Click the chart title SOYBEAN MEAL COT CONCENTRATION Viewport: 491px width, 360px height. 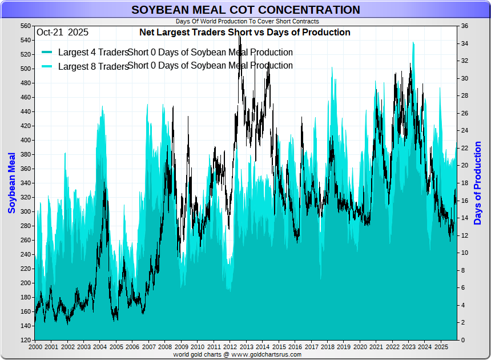tap(246, 10)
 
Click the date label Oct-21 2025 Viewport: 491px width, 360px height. tap(62, 33)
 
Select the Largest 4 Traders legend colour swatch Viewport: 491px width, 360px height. tap(47, 53)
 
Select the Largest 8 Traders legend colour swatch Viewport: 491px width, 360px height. tap(47, 66)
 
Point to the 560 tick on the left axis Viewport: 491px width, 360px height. tap(26, 26)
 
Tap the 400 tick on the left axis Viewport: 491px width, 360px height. tap(26, 141)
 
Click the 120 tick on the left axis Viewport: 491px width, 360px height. tap(26, 341)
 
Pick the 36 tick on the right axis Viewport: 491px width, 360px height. tap(465, 26)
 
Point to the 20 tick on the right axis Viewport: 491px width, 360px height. tap(465, 166)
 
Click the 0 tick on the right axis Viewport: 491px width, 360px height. tap(463, 341)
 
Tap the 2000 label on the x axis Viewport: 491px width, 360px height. tap(35, 347)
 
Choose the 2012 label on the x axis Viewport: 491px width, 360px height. tap(230, 347)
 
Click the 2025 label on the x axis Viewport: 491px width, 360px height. tap(441, 347)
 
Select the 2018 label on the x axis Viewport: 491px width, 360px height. tap(328, 347)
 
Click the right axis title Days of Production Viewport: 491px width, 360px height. tap(478, 183)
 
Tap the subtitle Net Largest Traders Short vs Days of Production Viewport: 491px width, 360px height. tap(245, 33)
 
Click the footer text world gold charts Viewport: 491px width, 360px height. tap(246, 354)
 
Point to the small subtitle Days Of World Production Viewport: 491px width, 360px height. tap(246, 21)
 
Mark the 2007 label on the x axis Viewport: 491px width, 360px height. tap(148, 347)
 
